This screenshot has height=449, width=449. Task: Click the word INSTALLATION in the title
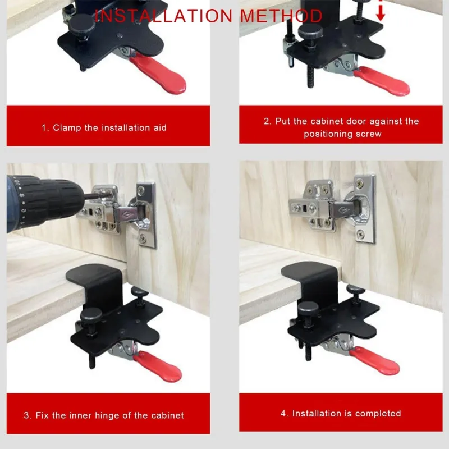point(163,16)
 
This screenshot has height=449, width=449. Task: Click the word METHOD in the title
point(282,16)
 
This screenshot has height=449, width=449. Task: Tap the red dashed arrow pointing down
point(381,11)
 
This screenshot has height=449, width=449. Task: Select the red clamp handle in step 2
point(382,81)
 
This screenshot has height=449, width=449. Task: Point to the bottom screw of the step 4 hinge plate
point(361,235)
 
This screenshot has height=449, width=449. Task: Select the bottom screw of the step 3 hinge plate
point(143,238)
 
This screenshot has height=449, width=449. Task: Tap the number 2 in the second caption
point(267,121)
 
